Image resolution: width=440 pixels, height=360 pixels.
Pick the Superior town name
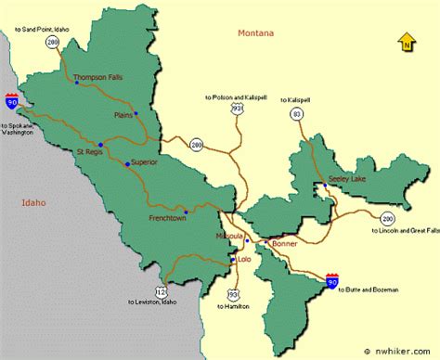146,161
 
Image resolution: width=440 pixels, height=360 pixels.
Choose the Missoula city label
229,236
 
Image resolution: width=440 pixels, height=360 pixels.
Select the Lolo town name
245,259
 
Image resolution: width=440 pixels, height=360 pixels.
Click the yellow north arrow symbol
406,41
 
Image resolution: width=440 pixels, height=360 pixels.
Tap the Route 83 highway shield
297,113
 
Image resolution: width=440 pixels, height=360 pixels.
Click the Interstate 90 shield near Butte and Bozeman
332,278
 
